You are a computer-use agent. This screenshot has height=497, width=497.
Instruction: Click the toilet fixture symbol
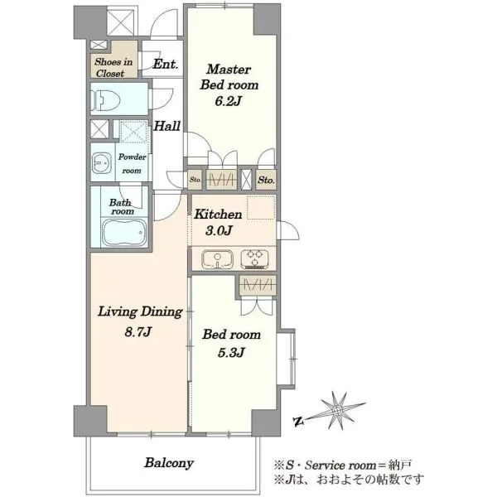(x=105, y=99)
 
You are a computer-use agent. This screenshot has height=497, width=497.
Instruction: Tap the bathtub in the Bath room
(x=124, y=232)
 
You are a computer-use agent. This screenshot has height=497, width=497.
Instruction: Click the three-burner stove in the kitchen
(x=255, y=259)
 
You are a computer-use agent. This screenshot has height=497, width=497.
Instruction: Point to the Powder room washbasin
(x=102, y=163)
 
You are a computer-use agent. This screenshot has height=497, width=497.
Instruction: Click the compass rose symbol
(x=337, y=411)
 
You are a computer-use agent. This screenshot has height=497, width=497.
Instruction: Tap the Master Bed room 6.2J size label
(x=229, y=101)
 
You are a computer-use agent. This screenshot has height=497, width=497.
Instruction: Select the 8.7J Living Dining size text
(x=138, y=332)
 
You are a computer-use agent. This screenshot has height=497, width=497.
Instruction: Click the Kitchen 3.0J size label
(x=219, y=230)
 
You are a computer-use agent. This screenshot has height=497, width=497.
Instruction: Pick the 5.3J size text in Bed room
(x=231, y=353)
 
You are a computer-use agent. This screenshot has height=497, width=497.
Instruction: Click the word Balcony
(x=169, y=463)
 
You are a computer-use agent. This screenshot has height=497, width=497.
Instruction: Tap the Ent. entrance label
(x=165, y=65)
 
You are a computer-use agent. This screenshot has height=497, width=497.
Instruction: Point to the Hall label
(x=166, y=126)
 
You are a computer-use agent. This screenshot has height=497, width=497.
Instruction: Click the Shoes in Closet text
(x=113, y=68)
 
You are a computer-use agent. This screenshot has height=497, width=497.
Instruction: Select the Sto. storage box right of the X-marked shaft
(x=266, y=180)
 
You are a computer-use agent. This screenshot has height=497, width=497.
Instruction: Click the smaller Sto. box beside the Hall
(x=195, y=180)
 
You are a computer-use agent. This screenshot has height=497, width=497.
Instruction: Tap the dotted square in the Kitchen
(x=261, y=208)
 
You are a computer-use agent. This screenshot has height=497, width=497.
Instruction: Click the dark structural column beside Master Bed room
(x=267, y=20)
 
